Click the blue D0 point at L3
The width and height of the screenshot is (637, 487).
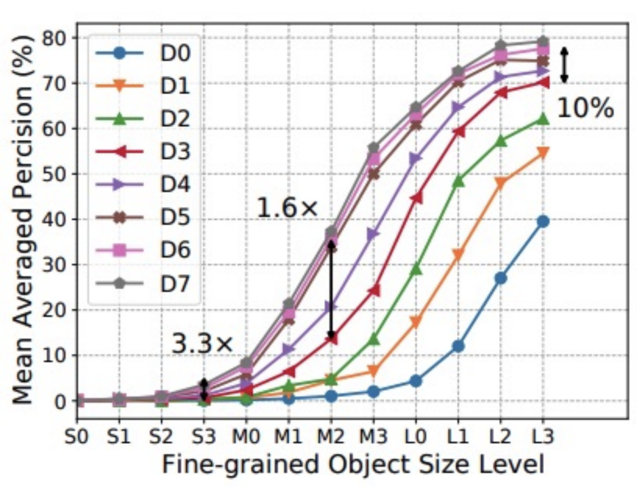(543, 222)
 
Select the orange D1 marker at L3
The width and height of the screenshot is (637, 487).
(543, 152)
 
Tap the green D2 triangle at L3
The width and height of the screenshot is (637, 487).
(543, 119)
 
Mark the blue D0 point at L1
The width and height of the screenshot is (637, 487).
(458, 346)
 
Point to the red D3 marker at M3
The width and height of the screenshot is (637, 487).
(373, 291)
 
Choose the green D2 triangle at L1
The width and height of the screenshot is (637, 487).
(458, 181)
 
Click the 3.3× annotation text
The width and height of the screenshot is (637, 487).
(202, 344)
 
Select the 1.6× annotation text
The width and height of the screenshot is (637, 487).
(287, 208)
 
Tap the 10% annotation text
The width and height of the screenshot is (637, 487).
(585, 108)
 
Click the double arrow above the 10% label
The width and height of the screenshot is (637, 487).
(564, 65)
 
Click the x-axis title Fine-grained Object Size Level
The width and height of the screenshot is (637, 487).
(353, 466)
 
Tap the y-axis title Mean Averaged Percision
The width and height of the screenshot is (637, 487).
(22, 218)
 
